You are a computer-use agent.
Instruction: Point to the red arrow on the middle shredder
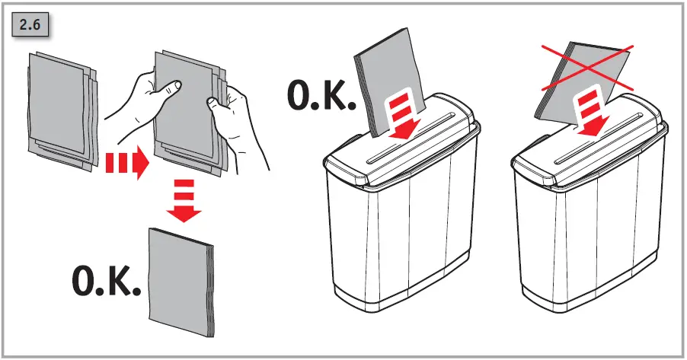(401, 116)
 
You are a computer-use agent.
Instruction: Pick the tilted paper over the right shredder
(567, 84)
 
